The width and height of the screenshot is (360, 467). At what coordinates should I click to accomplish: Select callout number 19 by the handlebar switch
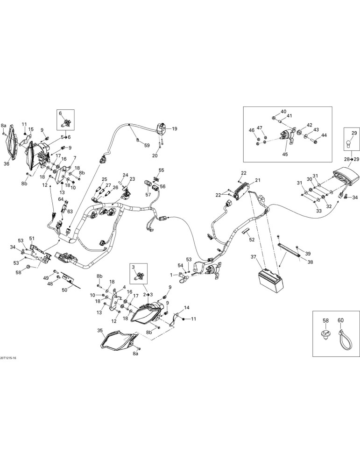tap(175, 129)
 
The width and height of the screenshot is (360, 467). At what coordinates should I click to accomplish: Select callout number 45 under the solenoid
tap(285, 154)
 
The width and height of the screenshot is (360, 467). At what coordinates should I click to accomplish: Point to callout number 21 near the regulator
tap(258, 180)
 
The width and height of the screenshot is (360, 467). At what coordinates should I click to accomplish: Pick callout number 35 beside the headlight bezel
tap(100, 330)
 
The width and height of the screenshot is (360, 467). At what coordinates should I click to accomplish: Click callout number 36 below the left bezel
tap(6, 163)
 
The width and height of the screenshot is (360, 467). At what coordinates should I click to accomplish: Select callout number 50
tap(65, 288)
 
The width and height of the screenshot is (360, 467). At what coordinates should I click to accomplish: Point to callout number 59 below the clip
tap(147, 146)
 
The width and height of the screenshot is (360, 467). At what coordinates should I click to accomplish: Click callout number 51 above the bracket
tap(32, 238)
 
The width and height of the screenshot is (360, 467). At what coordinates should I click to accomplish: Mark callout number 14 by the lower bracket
tap(186, 307)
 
